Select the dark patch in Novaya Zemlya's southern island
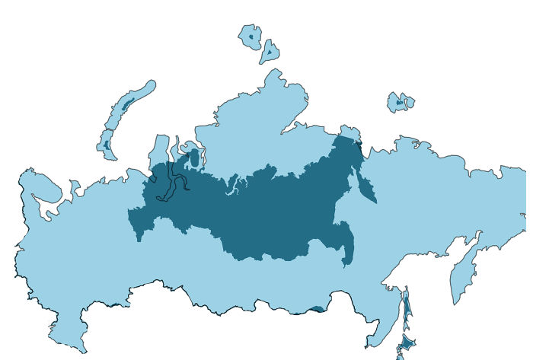pyautogui.click(x=107, y=142)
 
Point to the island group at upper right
pyautogui.click(x=400, y=102)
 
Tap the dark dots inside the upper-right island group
pyautogui.click(x=399, y=102)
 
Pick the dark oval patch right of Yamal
pyautogui.click(x=193, y=159)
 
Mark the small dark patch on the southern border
pyautogui.click(x=317, y=309)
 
